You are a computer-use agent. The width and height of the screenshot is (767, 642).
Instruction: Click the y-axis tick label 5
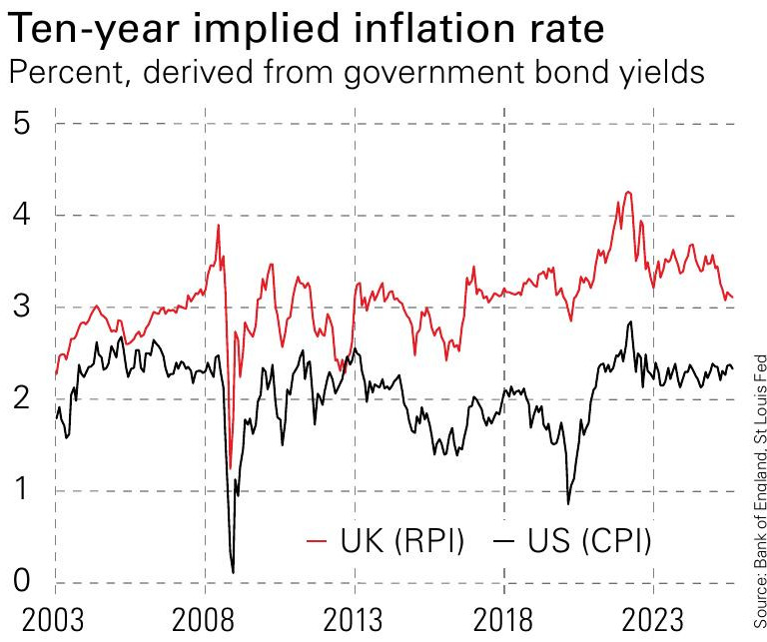click(x=22, y=123)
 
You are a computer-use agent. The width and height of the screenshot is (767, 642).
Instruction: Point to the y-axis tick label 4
click(x=22, y=215)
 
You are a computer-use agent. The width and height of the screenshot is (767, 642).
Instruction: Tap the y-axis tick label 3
click(x=22, y=307)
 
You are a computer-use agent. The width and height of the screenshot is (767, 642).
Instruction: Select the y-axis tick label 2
click(x=22, y=398)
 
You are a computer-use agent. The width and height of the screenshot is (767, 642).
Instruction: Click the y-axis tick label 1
click(x=22, y=490)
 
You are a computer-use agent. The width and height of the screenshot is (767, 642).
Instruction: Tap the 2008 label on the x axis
click(x=205, y=618)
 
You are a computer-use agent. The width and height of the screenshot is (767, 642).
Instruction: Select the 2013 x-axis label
click(x=354, y=618)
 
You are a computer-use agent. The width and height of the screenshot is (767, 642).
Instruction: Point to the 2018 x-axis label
click(x=503, y=618)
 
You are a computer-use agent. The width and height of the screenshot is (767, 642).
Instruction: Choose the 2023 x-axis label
click(x=653, y=618)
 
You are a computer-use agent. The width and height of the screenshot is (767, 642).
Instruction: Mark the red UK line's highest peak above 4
click(x=627, y=192)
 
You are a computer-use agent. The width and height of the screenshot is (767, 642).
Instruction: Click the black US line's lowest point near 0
click(x=233, y=572)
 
